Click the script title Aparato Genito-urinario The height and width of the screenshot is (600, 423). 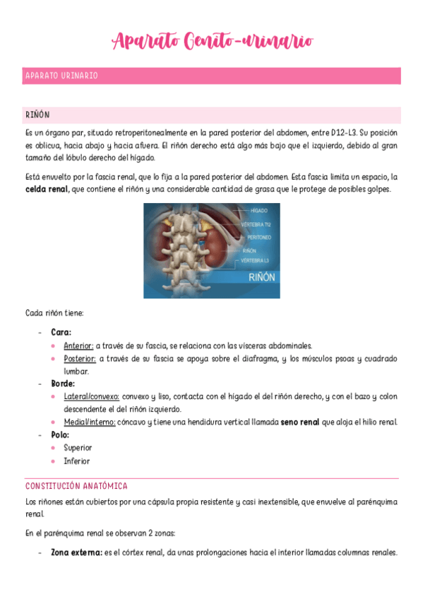pos(211,40)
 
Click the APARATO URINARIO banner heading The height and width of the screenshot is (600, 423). pos(61,76)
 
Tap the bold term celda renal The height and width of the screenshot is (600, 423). pos(47,190)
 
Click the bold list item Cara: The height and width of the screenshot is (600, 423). pos(61,331)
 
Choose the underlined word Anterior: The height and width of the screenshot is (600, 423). pos(78,345)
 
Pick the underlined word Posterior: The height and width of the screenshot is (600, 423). pos(79,359)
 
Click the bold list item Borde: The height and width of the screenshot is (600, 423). pos(63,383)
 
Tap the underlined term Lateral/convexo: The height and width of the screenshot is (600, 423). pos(92,397)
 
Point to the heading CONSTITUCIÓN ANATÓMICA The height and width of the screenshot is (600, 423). pos(76,486)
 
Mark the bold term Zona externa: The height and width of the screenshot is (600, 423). pos(76,553)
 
